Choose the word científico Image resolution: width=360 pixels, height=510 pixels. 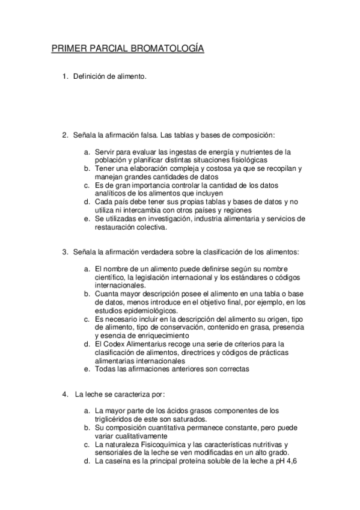111,276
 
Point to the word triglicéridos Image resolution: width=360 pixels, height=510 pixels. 117,419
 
